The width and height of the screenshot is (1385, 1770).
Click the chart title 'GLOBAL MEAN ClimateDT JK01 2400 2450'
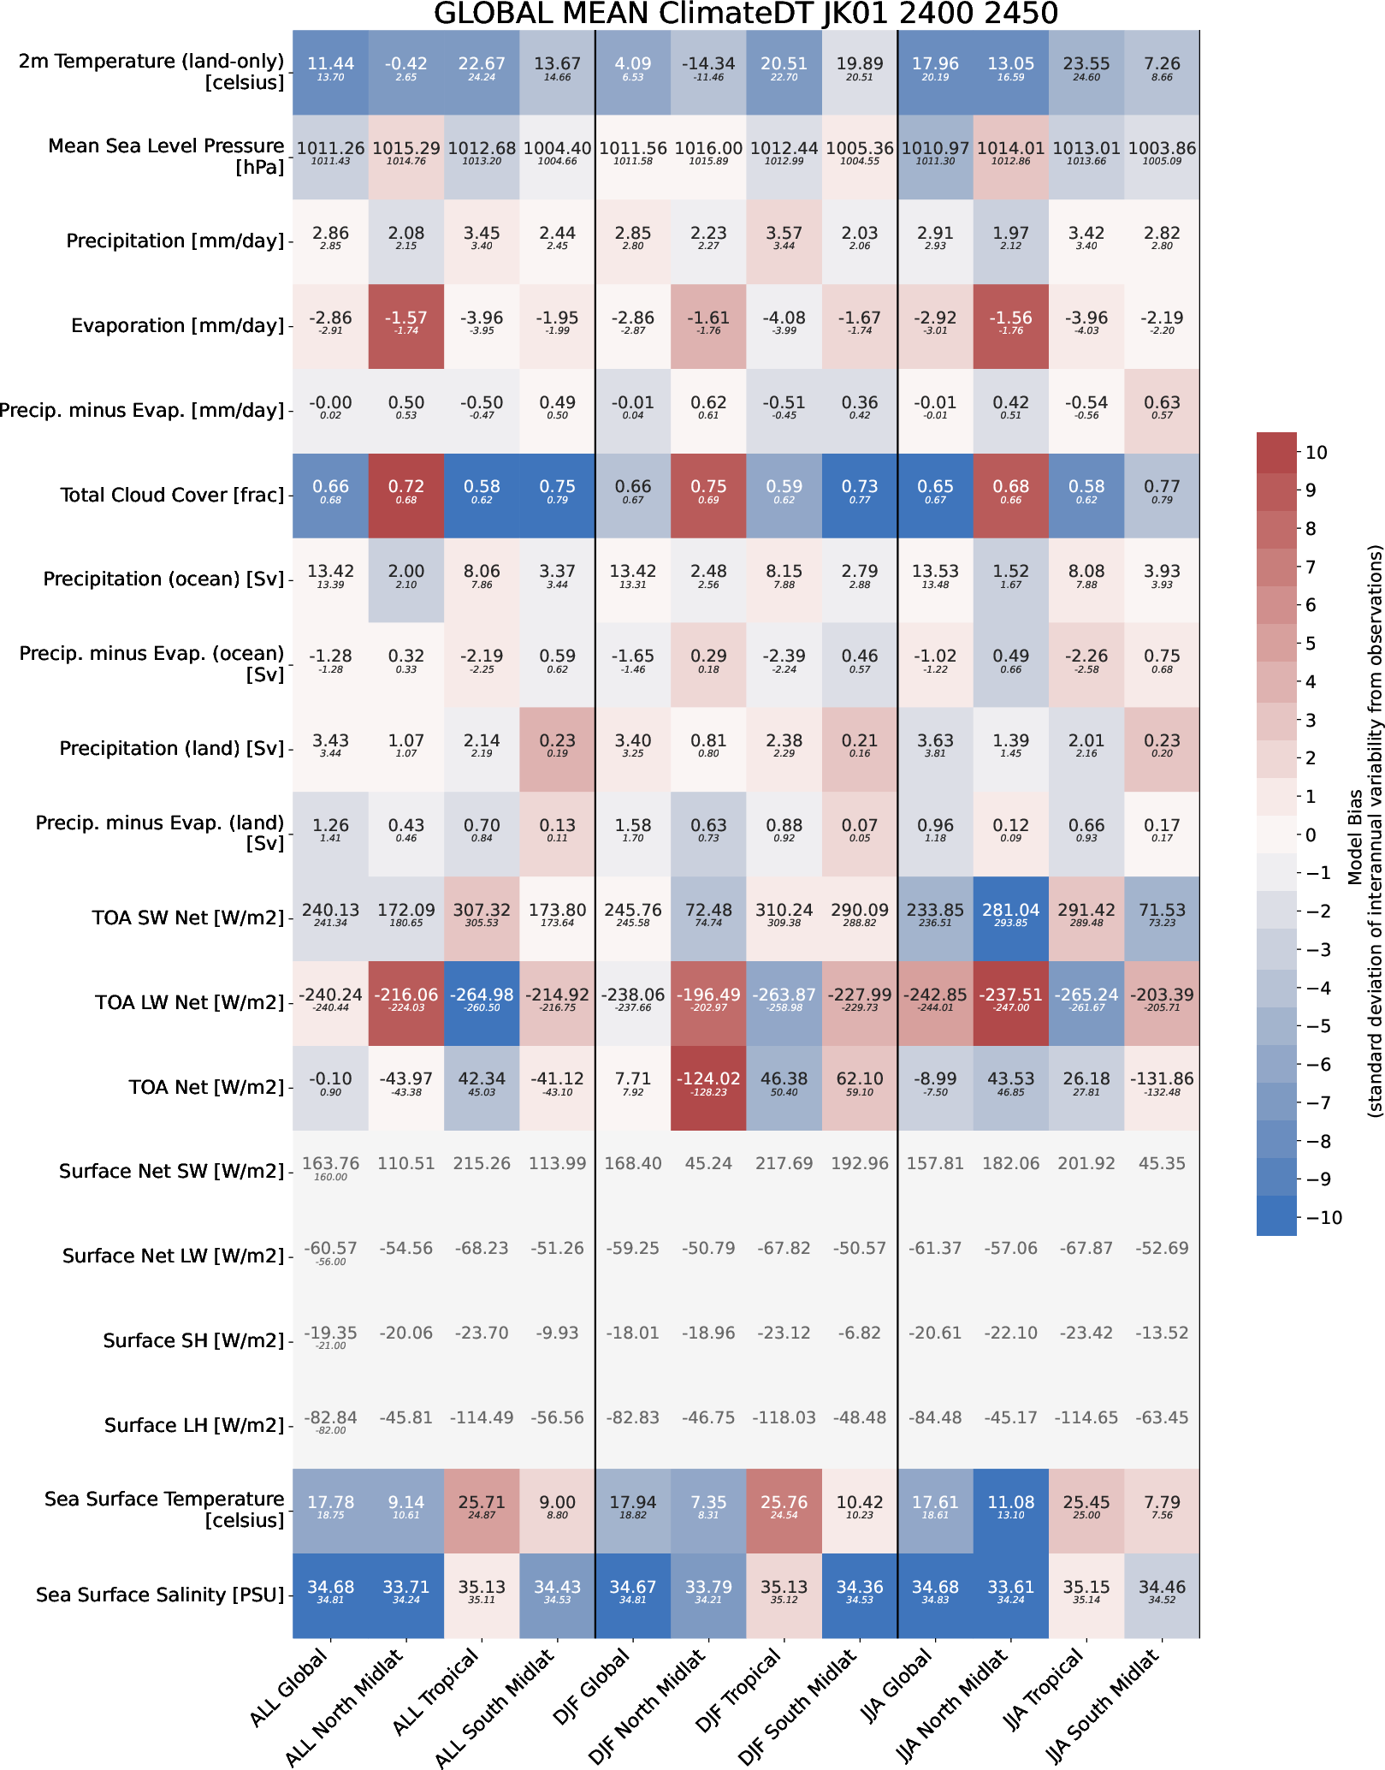pos(745,14)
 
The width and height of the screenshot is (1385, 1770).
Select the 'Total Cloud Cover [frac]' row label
pos(171,496)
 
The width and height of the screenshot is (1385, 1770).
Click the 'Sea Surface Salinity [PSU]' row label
pos(159,1595)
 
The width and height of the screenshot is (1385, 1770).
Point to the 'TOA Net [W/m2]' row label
pos(205,1088)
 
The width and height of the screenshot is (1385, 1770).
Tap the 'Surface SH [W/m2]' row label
pos(192,1341)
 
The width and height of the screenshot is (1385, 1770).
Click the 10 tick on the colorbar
pos(1317,453)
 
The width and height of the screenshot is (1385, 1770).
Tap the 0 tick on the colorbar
pos(1311,835)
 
